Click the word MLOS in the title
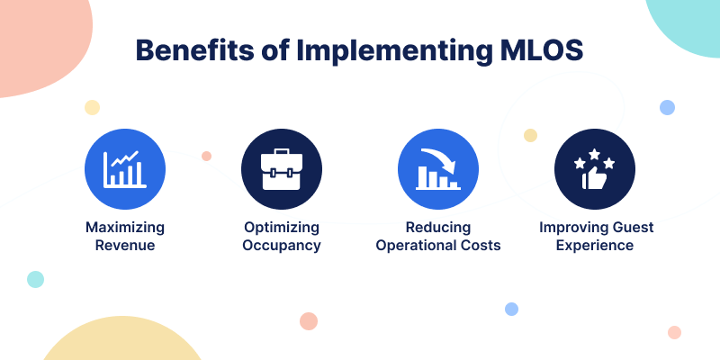click(541, 50)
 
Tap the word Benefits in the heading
click(194, 50)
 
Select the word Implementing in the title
click(394, 51)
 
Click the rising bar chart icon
click(125, 169)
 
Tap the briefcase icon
click(282, 169)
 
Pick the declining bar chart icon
click(438, 169)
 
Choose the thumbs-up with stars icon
click(595, 169)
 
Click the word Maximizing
click(125, 228)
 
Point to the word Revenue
click(125, 245)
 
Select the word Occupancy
click(282, 246)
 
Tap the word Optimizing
click(282, 228)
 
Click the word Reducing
click(438, 228)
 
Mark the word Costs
click(481, 245)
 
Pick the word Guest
click(634, 228)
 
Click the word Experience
click(595, 246)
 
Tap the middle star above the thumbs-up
click(594, 154)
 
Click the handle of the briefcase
click(282, 151)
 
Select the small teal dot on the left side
click(35, 279)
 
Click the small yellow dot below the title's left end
click(93, 107)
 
